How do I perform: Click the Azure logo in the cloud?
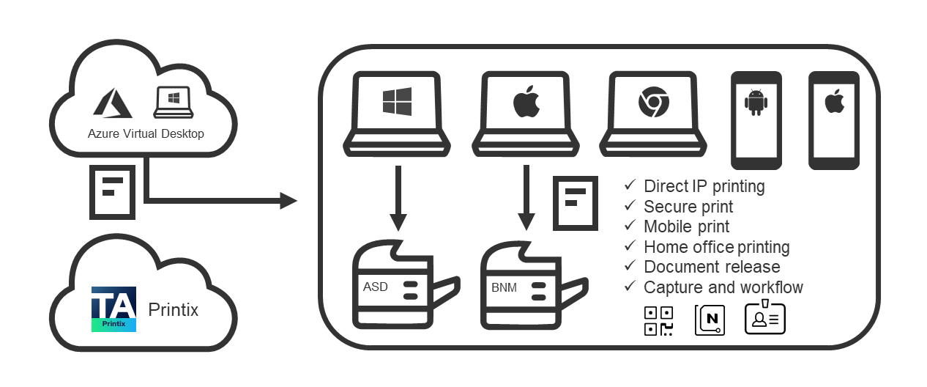[x=112, y=103]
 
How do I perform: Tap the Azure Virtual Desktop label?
[x=146, y=133]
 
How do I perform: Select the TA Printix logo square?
[x=113, y=309]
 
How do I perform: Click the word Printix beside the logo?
[x=174, y=309]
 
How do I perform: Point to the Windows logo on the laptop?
[x=397, y=101]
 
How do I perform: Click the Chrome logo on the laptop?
[x=653, y=102]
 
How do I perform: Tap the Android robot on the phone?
[x=755, y=103]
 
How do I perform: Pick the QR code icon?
[x=659, y=320]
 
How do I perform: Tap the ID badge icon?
[x=765, y=319]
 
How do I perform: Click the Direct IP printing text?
[x=704, y=186]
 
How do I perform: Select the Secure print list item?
[x=688, y=207]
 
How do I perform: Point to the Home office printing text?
[x=716, y=247]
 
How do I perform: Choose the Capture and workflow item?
[x=723, y=287]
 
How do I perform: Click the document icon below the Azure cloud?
[x=112, y=191]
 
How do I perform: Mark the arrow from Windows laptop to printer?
[x=398, y=198]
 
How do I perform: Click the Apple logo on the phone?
[x=833, y=103]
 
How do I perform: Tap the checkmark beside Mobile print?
[x=629, y=226]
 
